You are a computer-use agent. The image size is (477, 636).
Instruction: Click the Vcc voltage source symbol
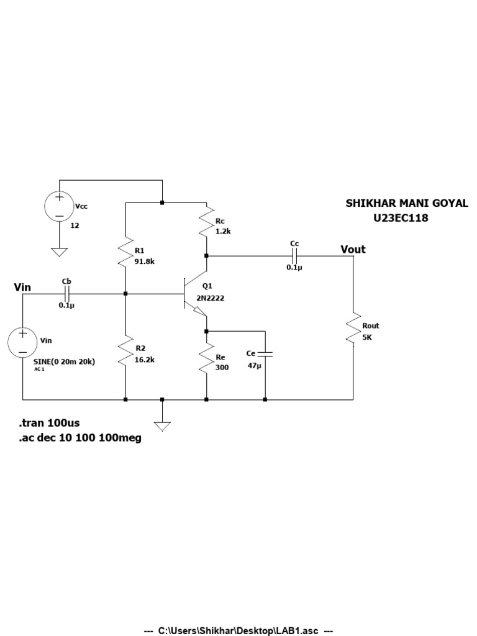tap(60, 207)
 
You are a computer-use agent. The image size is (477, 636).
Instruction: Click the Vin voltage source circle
tap(23, 343)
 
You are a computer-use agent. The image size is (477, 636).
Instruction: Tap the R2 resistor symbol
tap(125, 352)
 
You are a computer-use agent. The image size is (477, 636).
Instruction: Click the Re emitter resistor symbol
tap(206, 360)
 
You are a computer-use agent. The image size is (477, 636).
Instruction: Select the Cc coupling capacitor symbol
tap(294, 255)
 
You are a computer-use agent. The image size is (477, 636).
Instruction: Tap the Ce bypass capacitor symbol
tap(265, 354)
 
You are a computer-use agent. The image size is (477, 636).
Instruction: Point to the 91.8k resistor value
tap(144, 261)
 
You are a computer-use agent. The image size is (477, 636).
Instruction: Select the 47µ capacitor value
tap(255, 366)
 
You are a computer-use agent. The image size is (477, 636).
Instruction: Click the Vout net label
tap(353, 250)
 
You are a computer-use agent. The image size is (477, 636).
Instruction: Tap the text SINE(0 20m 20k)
tap(60, 361)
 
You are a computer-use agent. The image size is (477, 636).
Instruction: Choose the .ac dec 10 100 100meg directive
tap(79, 438)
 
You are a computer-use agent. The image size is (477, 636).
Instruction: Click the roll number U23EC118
tap(401, 218)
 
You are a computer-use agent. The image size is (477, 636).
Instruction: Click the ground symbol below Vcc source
tap(60, 252)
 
